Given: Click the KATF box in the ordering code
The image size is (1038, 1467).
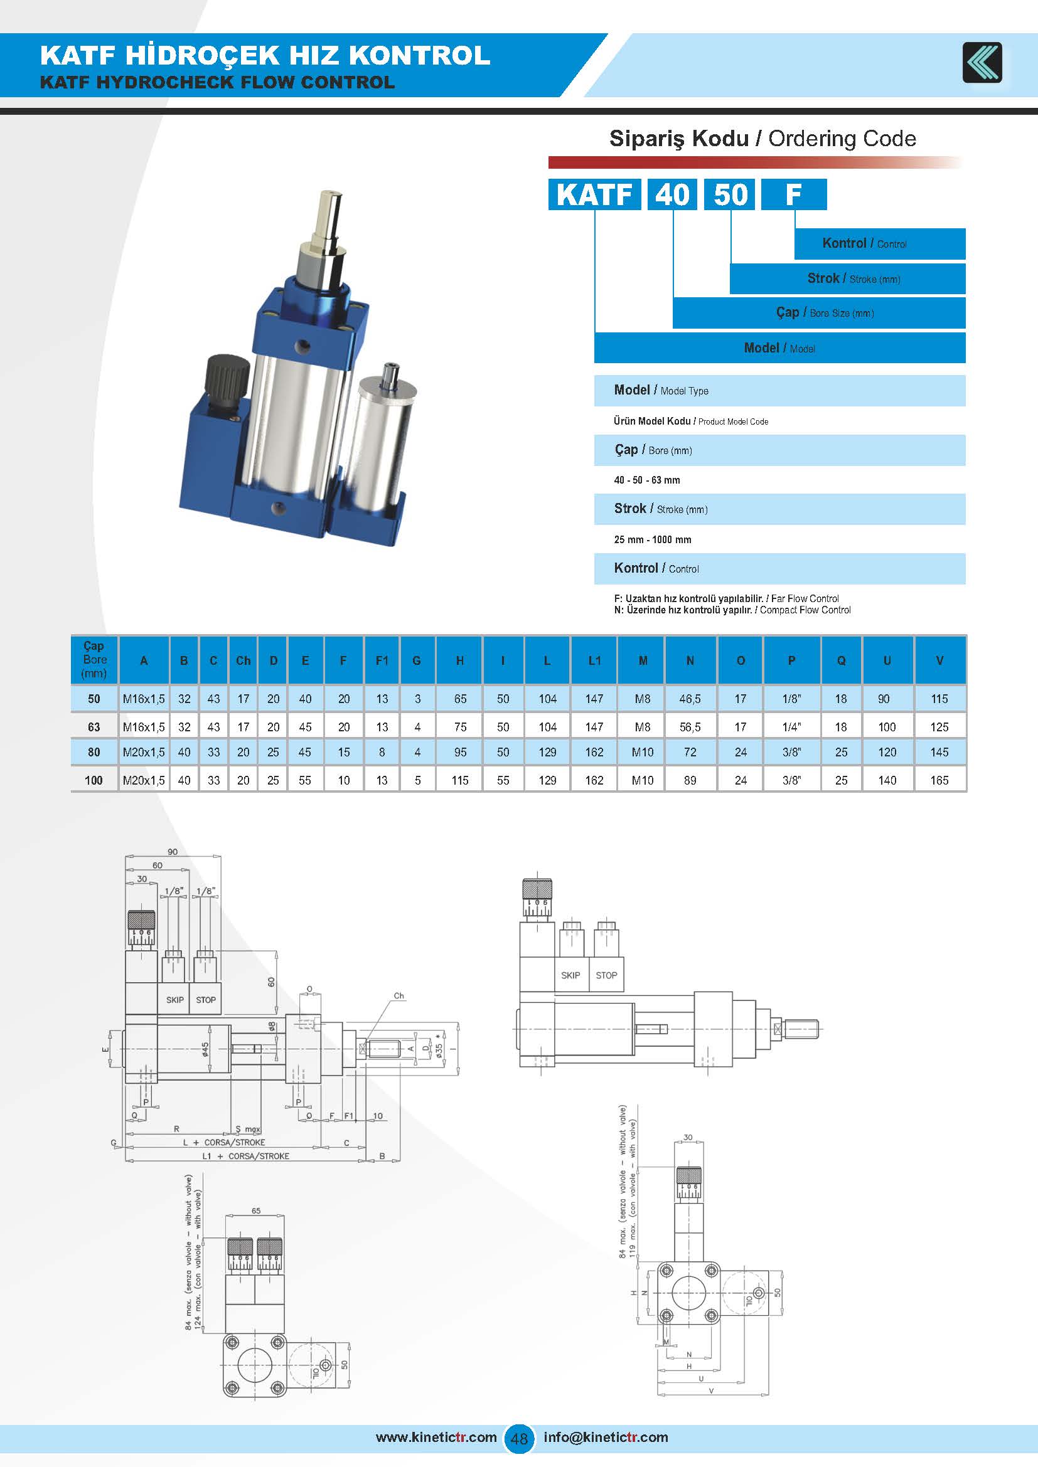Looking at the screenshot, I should [594, 194].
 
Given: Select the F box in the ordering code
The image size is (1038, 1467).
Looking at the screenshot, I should [793, 194].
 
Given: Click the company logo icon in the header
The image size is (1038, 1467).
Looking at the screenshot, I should [982, 63].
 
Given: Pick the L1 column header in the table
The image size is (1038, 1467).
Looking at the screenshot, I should [594, 660].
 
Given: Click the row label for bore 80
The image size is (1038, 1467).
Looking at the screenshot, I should [94, 752].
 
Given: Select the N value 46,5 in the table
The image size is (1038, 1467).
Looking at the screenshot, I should [690, 699].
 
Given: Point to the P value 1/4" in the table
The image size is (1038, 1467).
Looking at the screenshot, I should [791, 727].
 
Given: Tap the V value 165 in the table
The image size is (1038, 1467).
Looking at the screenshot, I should [939, 780].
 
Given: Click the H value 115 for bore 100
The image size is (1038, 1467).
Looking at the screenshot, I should [459, 780].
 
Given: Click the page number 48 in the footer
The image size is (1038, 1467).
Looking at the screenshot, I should [519, 1438].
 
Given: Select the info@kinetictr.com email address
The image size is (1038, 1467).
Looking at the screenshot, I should [605, 1437].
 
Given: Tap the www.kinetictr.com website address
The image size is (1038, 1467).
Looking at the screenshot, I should [436, 1437].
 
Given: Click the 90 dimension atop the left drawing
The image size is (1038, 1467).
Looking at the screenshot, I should [173, 852].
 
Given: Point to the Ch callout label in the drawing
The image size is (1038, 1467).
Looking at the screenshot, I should [399, 995].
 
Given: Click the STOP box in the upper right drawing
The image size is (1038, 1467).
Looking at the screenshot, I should [606, 976].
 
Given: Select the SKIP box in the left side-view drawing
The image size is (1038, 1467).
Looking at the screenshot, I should [174, 1000].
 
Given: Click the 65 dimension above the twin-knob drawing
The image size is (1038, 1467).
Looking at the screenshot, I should [255, 1210].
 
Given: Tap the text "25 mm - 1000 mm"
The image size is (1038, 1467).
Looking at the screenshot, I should [653, 539].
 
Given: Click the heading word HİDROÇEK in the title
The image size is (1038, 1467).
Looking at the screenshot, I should [206, 56].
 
